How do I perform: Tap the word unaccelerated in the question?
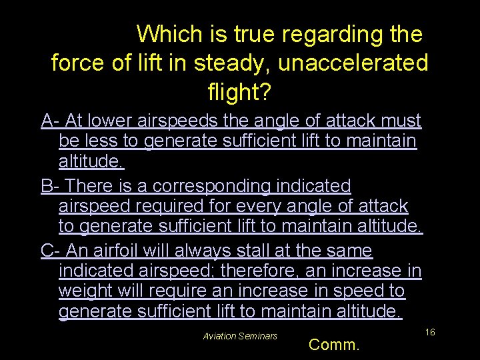pos(353,63)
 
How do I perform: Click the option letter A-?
pos(51,121)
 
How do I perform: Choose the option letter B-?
pos(51,185)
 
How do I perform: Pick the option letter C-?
pos(51,251)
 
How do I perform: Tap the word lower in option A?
pos(112,121)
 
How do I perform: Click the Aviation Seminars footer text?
pos(240,336)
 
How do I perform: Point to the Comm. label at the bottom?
pos(335,345)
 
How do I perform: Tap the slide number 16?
pos(430,331)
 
